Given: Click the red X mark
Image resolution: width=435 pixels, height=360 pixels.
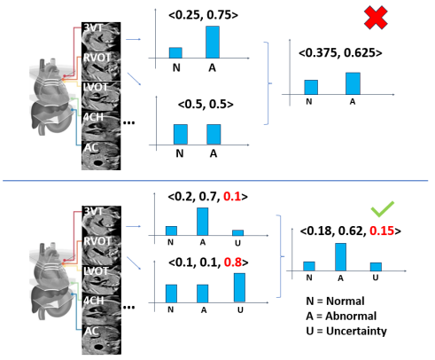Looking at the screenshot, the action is click(376, 18).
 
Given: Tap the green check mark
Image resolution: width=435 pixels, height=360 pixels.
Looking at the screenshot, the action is click(383, 209).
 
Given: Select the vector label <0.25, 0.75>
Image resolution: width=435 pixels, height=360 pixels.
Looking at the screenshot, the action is click(203, 15).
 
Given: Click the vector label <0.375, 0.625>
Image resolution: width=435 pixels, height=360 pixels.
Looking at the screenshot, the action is click(340, 52).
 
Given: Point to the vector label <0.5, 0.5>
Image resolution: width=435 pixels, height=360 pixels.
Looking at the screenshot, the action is click(206, 104).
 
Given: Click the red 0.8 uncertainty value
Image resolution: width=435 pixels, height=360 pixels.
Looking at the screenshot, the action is click(233, 262).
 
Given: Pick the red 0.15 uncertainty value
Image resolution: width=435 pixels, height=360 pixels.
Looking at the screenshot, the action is click(382, 231).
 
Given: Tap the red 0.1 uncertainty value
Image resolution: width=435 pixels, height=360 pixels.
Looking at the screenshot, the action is click(232, 196).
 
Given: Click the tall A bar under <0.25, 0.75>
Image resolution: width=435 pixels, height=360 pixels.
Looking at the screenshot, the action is click(213, 42).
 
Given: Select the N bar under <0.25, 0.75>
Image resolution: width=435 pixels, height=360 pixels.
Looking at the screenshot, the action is click(175, 52).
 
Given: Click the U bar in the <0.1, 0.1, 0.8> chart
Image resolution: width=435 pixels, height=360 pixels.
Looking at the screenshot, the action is click(239, 287).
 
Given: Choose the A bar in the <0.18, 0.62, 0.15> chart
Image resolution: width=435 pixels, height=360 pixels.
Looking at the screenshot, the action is click(340, 257).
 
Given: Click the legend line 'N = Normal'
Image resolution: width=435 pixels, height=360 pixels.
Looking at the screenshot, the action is click(335, 301).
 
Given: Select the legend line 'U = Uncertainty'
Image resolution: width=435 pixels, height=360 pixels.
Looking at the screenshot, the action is click(346, 331).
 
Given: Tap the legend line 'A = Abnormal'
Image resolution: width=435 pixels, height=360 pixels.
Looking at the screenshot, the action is click(341, 316).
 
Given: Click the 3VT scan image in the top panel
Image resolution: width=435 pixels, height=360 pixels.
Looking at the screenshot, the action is click(101, 36).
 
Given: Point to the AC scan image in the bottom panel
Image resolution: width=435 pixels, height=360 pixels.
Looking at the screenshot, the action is click(101, 340).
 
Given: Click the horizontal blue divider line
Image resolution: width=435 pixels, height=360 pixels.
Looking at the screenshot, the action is click(215, 180).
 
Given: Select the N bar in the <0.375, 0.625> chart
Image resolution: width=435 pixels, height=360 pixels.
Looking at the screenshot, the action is click(311, 87).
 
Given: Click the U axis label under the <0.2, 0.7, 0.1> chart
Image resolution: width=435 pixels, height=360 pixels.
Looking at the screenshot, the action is click(238, 243).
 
